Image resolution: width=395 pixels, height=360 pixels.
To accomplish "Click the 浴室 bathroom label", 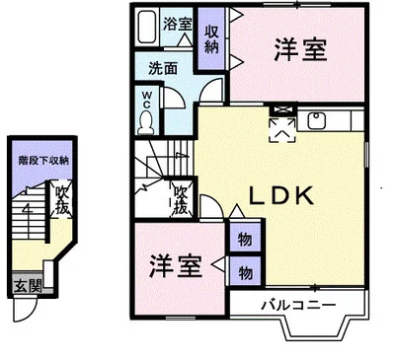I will point(178,22).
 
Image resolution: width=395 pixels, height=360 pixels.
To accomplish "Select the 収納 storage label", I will point(211,38).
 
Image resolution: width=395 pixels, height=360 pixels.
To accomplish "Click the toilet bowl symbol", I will point(146,121).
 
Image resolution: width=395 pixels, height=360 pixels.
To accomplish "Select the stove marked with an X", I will point(281,110).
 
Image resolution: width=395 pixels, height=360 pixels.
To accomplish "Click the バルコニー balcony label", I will point(297,305).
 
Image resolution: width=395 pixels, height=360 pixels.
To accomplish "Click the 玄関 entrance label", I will point(29,287).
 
